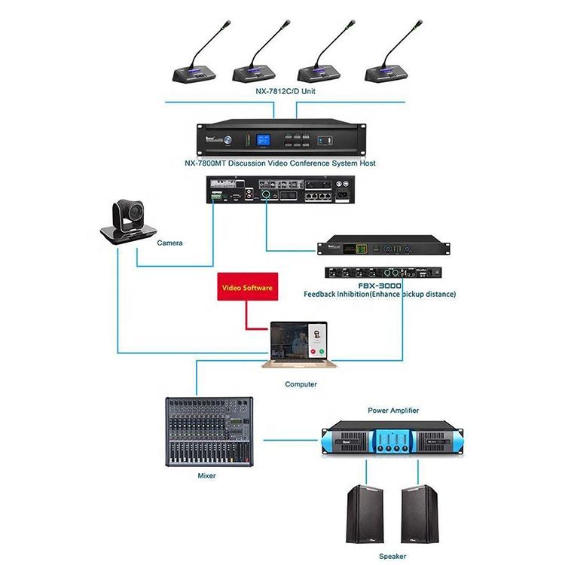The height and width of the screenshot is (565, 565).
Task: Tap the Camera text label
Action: tap(169, 243)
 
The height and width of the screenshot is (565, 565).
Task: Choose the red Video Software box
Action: tap(246, 287)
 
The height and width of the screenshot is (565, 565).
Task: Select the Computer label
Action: tap(301, 384)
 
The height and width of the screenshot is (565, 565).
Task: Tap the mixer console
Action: tap(209, 431)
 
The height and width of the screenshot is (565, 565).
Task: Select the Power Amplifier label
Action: tap(392, 411)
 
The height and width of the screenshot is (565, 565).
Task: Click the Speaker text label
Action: tap(392, 556)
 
